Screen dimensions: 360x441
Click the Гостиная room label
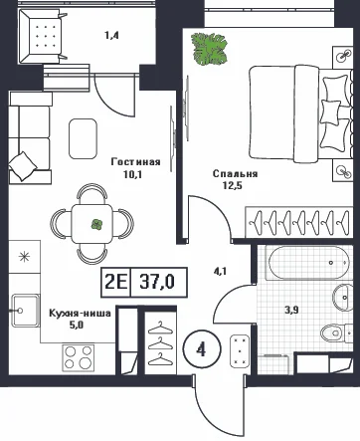coord(136,162)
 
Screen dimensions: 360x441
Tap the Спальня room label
coord(235,173)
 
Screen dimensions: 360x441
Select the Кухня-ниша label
coord(80,313)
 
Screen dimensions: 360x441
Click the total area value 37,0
coord(157,282)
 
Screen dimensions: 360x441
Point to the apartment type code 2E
coord(116,282)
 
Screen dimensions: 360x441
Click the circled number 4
coord(201,349)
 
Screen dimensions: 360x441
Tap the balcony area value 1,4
coord(112,35)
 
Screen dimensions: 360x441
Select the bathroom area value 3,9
coord(292,310)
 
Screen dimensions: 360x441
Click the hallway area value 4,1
coord(220,272)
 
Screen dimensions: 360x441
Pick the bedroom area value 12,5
coord(233,185)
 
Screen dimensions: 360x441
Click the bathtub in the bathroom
coord(309,263)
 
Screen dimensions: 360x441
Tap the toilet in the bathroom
coord(335,331)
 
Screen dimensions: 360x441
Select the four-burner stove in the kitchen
coord(79,357)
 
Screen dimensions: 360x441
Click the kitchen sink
coord(25,311)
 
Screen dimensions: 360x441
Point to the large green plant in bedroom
coord(209,48)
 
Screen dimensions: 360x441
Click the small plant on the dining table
coord(97,224)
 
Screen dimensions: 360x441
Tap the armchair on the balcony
coord(43,36)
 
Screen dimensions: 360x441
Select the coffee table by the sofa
coord(83,138)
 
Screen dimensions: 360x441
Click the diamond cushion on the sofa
coord(23,166)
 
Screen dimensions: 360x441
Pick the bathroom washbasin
coord(343,298)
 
